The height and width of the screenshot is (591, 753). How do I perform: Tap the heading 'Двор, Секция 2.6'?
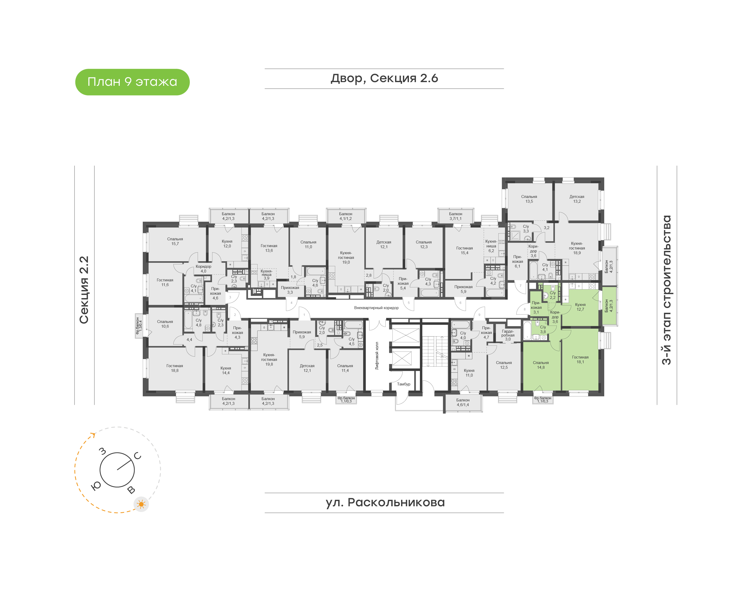point(384,78)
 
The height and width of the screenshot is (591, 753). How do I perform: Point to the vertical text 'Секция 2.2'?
point(84,290)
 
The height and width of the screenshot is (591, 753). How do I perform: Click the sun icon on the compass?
point(141,504)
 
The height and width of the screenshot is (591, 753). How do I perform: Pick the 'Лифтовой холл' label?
point(377,356)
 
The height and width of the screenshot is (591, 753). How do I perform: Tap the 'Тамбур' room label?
point(403,384)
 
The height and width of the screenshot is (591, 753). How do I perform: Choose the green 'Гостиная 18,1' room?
point(580,360)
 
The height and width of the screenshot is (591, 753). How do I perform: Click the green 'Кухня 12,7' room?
point(580,307)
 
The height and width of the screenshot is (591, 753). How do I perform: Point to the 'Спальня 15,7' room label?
point(175,241)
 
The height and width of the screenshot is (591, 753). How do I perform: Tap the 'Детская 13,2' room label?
point(577,199)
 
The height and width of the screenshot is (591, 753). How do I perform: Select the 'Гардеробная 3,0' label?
point(508,335)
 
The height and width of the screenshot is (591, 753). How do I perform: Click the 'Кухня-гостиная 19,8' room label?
point(269,360)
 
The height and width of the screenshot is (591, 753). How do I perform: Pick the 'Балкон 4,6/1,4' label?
point(463,402)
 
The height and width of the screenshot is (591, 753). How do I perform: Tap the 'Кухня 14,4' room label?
point(226,371)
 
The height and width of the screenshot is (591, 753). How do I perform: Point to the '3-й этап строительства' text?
point(666,290)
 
